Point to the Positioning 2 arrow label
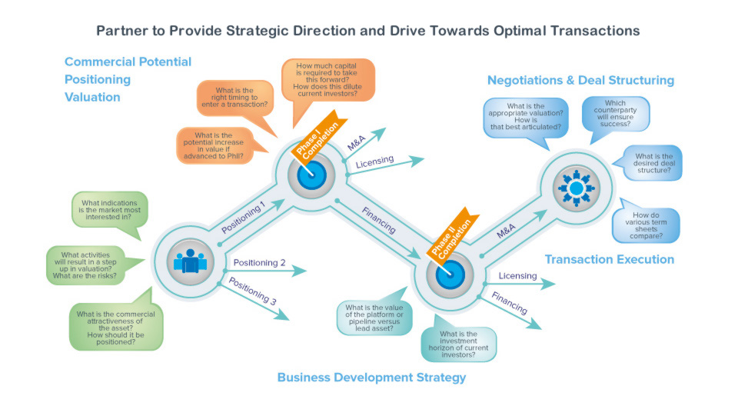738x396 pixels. point(259,263)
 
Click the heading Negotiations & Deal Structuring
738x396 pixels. point(580,81)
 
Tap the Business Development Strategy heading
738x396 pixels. point(371,378)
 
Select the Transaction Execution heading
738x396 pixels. point(610,259)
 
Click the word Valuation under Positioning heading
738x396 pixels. point(92,98)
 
